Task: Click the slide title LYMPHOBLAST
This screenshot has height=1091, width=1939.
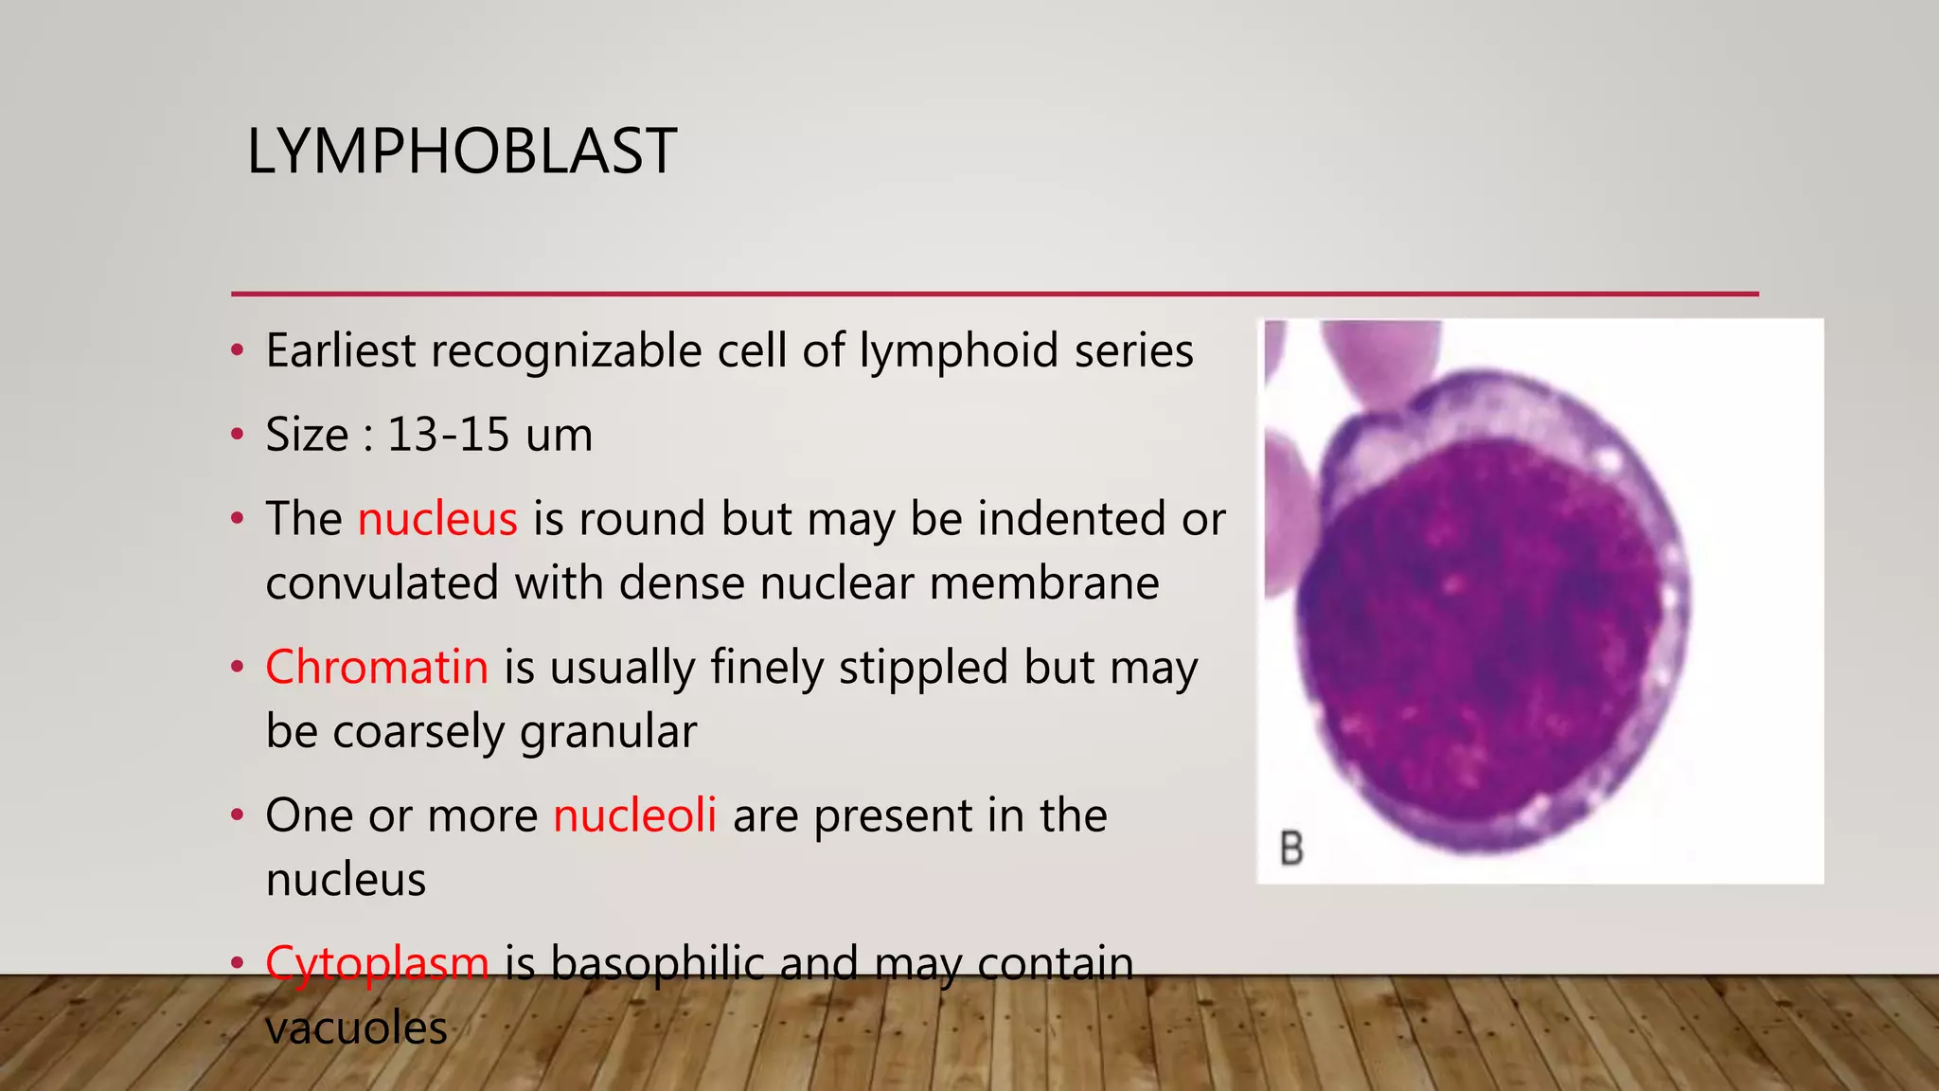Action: point(461,152)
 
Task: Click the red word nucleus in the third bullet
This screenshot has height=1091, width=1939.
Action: point(437,519)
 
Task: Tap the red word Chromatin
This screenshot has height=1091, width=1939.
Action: point(377,667)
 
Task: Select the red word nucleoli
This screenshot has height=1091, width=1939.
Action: point(634,815)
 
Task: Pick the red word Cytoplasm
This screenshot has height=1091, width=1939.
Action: point(377,963)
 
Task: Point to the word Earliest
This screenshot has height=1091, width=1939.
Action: point(341,350)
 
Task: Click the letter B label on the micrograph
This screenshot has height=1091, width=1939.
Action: point(1291,848)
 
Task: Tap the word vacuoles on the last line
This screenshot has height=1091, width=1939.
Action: point(356,1028)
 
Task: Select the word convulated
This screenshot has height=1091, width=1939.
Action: point(382,582)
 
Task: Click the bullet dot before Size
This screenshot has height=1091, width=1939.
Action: point(238,436)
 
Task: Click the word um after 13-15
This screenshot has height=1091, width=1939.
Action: point(559,435)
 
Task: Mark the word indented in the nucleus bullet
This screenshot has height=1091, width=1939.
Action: point(1071,519)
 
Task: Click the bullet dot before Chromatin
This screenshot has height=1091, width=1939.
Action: point(238,668)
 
